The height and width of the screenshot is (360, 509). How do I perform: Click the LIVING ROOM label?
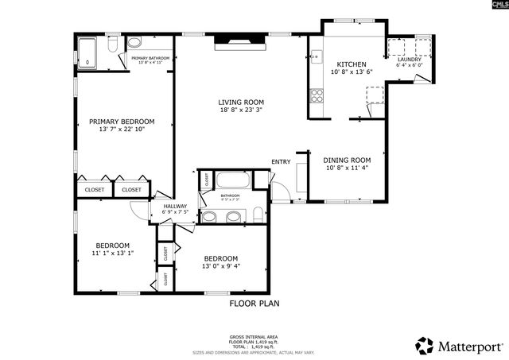point(241,103)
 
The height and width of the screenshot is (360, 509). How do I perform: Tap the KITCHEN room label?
point(351,64)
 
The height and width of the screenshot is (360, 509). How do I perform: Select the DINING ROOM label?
point(347,160)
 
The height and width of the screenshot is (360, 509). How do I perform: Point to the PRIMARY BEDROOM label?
point(121,122)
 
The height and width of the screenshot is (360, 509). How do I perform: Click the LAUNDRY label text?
point(409,59)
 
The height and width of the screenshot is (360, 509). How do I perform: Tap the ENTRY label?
point(281,162)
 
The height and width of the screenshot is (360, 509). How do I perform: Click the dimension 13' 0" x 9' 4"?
point(220,266)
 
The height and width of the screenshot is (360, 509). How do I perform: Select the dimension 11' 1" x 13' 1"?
point(111,254)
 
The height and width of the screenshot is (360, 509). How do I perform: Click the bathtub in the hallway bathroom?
point(233,180)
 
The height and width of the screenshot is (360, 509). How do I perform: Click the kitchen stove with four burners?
point(317,96)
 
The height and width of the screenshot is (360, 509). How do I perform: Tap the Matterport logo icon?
point(425,346)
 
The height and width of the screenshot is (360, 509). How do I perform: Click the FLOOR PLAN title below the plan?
point(254,303)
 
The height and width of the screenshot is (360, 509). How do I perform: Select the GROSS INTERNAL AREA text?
point(254,336)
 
